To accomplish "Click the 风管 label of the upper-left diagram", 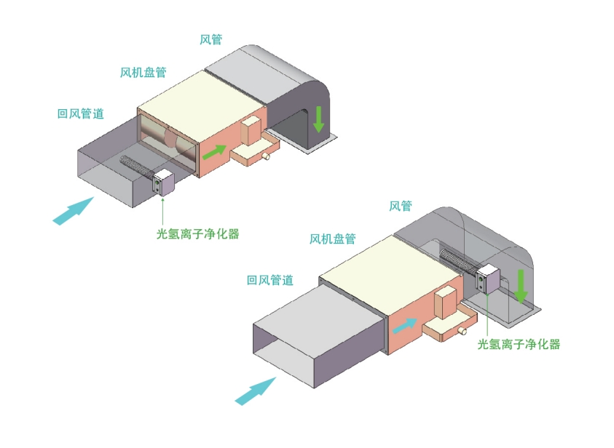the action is (210, 39).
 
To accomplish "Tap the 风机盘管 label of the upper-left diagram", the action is (143, 72).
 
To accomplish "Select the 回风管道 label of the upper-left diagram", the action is (81, 113).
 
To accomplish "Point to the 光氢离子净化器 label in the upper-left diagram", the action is (198, 233).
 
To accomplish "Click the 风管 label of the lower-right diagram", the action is (400, 206).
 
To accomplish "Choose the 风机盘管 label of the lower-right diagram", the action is (332, 239).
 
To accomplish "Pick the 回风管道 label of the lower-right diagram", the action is (270, 280).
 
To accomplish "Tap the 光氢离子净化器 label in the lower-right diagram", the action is (519, 344).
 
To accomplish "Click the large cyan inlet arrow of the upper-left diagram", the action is (74, 211).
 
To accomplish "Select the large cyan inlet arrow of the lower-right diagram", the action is (256, 391).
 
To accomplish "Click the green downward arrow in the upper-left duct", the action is (319, 119).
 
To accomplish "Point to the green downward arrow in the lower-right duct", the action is (521, 287).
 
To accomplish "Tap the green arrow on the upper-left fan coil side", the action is (215, 152).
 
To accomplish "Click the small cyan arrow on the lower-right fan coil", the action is (404, 325).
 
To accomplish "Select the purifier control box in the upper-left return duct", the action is (163, 183).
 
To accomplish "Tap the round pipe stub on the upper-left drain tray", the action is (267, 156).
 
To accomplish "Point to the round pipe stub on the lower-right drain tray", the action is (463, 331).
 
